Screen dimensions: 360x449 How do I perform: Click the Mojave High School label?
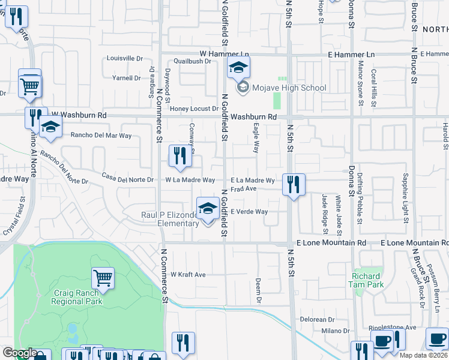click(x=289, y=88)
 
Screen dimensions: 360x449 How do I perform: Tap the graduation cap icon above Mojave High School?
click(x=238, y=68)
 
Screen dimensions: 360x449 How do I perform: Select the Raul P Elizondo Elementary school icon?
click(x=208, y=209)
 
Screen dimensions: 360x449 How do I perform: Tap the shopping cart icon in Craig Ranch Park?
click(x=103, y=278)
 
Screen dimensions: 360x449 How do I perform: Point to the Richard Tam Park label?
click(x=366, y=280)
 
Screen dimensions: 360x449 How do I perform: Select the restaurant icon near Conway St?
click(x=180, y=156)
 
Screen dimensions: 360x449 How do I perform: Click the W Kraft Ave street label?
click(x=188, y=275)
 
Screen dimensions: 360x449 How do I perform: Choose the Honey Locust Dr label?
click(x=194, y=109)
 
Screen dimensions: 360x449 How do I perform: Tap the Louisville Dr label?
click(x=124, y=59)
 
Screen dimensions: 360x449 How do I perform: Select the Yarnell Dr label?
click(x=126, y=78)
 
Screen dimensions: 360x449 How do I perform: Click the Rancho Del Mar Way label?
click(x=101, y=136)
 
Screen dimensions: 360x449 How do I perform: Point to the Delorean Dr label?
click(x=317, y=320)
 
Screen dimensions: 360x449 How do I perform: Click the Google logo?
click(x=20, y=353)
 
